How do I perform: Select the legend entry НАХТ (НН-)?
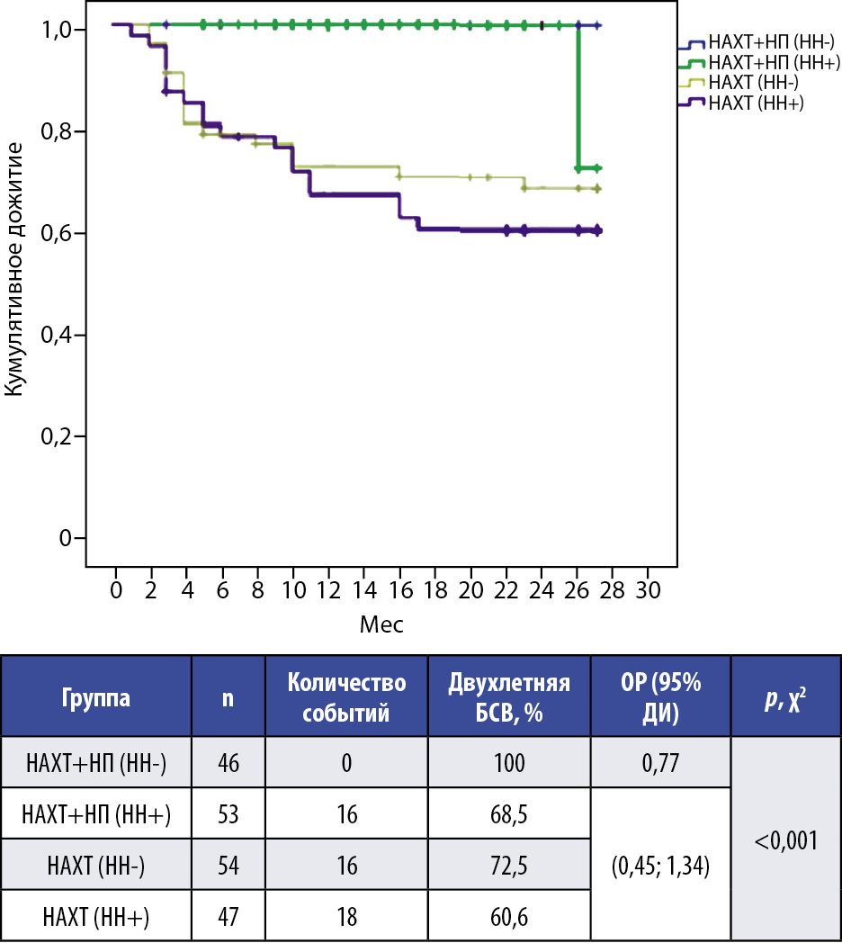coord(755,83)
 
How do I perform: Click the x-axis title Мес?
coord(381,624)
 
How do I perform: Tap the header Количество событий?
coord(346,698)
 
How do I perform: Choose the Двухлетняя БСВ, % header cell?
coord(509,698)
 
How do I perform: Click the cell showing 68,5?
coord(509,814)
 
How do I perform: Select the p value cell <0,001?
coord(785,840)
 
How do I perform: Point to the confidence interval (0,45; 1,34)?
coord(660,866)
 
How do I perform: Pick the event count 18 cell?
coord(346,917)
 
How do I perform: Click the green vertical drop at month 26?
coord(578,99)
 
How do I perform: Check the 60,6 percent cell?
coord(509,917)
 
